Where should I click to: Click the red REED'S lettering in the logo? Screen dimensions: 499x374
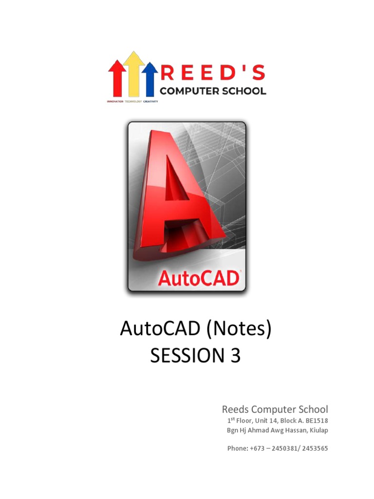tap(213, 74)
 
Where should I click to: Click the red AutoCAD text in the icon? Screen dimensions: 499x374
tap(199, 278)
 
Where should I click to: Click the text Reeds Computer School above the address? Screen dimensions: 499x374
tap(275, 409)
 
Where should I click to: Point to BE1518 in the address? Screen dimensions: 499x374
tap(316, 421)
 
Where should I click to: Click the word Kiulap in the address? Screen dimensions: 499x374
tap(318, 430)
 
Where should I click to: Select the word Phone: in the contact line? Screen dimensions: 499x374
tap(237, 448)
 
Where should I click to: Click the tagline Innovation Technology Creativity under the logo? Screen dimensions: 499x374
tap(132, 101)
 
